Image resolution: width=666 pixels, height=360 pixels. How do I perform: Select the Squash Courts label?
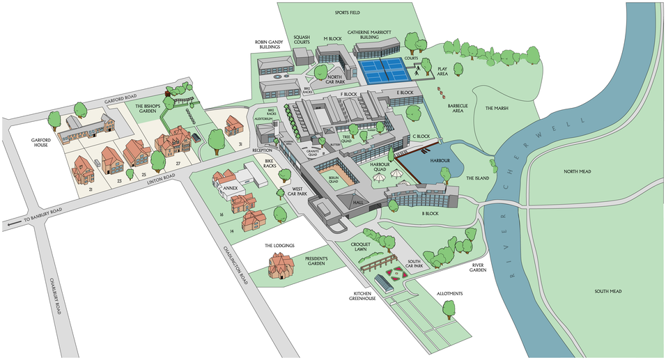301,40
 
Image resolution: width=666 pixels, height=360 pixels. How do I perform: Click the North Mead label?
582,171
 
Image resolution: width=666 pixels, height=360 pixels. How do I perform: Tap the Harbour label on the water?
440,161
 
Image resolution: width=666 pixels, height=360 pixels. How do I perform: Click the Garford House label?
42,143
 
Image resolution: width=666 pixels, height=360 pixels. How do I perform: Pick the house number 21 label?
91,189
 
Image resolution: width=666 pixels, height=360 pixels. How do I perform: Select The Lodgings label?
280,245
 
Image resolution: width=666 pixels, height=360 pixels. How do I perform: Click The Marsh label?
498,108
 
